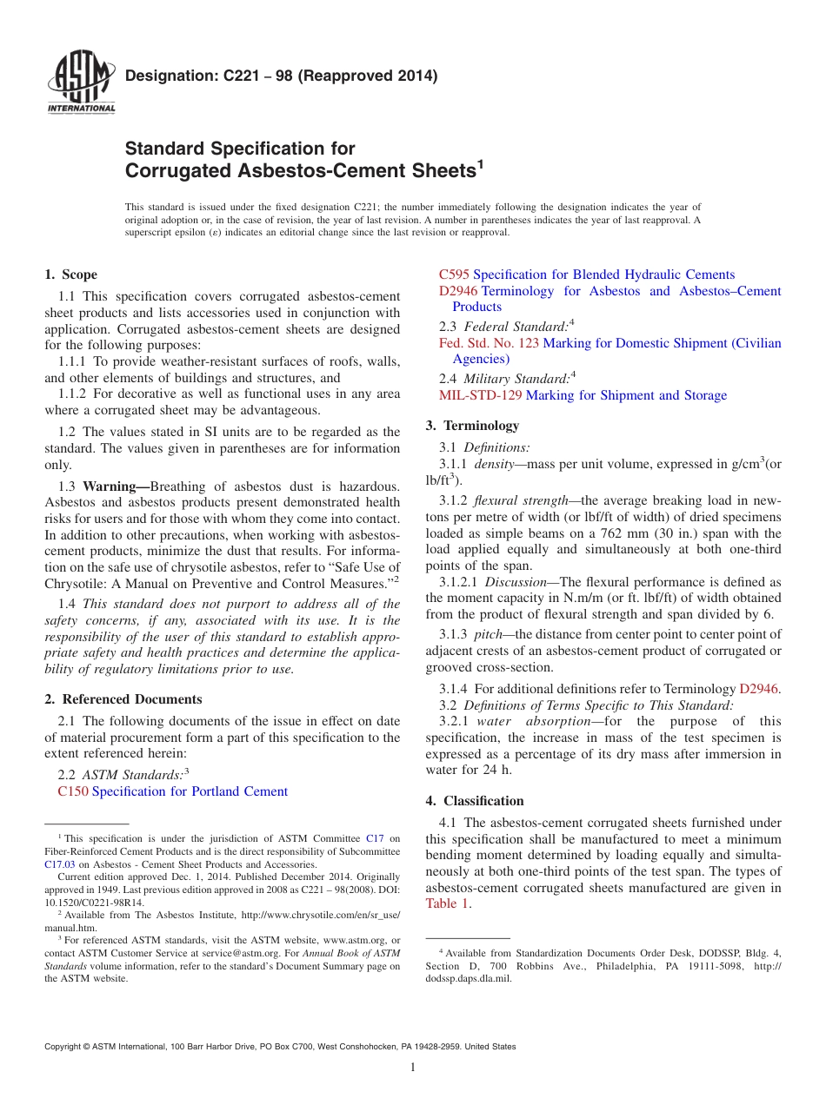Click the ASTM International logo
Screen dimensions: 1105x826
[81, 83]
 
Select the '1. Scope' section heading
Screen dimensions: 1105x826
[70, 275]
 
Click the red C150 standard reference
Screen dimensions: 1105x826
[72, 791]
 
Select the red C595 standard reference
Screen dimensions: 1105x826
[454, 275]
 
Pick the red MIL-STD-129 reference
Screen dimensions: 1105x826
[480, 395]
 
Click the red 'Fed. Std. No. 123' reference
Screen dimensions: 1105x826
[489, 343]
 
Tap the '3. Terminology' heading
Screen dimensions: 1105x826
[472, 426]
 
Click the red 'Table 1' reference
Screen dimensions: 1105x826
[447, 903]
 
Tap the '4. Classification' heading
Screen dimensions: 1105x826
[475, 801]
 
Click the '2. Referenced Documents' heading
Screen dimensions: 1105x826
[123, 699]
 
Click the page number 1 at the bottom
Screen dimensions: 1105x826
[413, 1068]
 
